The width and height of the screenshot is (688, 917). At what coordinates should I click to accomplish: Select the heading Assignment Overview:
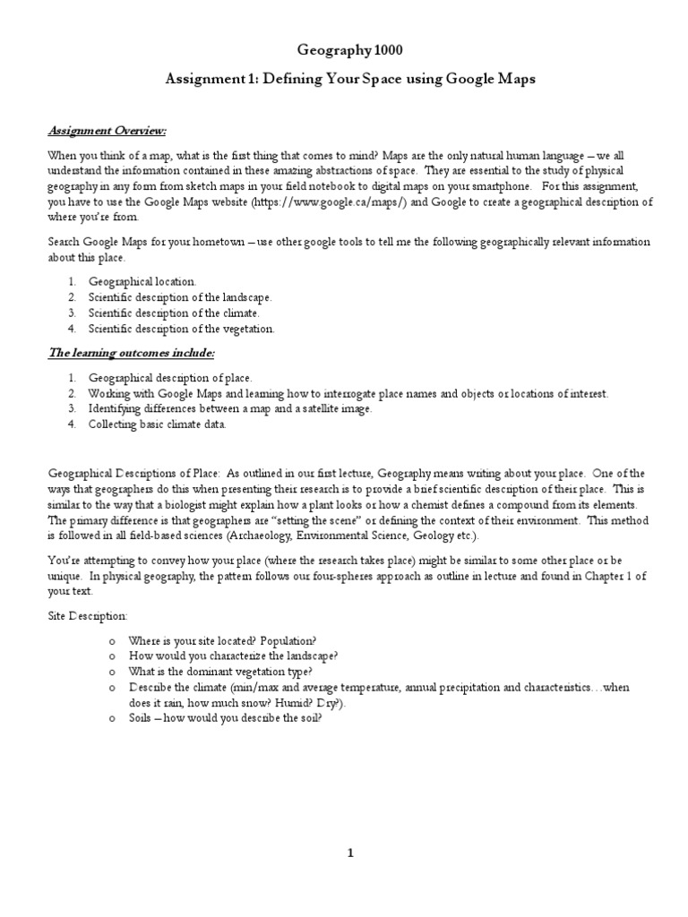[x=107, y=132]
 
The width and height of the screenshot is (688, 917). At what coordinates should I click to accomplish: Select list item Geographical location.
[x=142, y=281]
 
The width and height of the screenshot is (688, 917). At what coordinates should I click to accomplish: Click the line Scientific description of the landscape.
[x=179, y=296]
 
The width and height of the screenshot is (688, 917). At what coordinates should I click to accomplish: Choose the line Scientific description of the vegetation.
[x=181, y=329]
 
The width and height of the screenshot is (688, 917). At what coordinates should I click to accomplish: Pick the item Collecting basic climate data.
[x=157, y=424]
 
